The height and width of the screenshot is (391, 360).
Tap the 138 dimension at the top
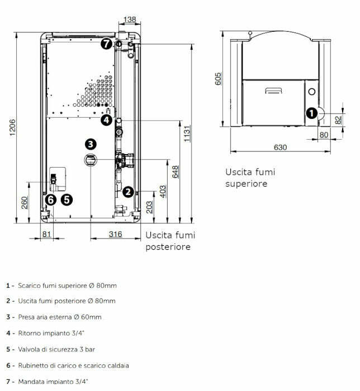point(129,20)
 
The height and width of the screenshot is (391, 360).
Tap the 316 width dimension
point(115,234)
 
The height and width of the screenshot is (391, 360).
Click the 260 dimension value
point(25,202)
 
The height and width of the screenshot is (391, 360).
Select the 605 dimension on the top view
point(219,78)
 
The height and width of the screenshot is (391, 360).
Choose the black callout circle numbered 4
point(106,120)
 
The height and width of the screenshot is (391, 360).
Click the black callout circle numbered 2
point(128,192)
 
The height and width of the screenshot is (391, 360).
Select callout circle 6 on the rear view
point(51,199)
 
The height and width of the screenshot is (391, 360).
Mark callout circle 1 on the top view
point(311,112)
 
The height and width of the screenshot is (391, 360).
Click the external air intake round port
point(91,160)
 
